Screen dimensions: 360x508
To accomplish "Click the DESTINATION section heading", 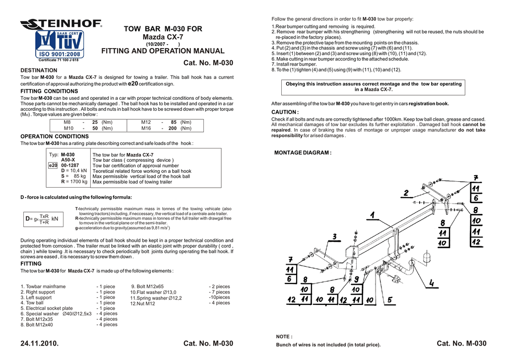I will pos(39,71).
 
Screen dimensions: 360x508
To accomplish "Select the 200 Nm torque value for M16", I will pos(173,128).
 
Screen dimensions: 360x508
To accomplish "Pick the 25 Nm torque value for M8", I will pos(94,122).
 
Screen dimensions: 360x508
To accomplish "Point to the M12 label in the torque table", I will pos(146,122).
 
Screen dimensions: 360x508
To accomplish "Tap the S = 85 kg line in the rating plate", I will pos(73,176).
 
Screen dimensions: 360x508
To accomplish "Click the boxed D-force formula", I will pos(42,218).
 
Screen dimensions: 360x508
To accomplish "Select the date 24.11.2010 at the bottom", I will pos(39,344).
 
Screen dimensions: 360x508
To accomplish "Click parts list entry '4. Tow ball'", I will pos(32,303).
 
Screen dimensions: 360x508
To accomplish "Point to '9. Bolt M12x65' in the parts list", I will pos(147,287).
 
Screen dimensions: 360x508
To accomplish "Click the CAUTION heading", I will pos(285,112).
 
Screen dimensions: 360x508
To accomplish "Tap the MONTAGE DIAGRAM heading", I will pos(303,152).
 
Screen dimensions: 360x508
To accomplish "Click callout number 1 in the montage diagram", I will pos(372,215).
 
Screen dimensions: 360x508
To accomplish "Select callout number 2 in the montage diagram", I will pos(406,193).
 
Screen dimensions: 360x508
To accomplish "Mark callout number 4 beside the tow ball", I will pos(432,283).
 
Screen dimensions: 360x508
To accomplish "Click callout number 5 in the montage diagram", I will pos(389,299).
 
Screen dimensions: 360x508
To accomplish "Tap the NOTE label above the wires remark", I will pos(284,337).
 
